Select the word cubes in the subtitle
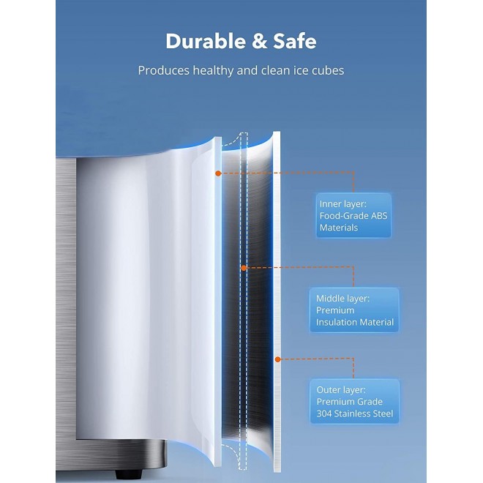323,71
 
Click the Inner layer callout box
354,215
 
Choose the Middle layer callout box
354,310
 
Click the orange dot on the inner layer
218,173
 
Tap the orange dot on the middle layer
244,268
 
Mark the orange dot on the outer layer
277,359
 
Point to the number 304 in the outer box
327,414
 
